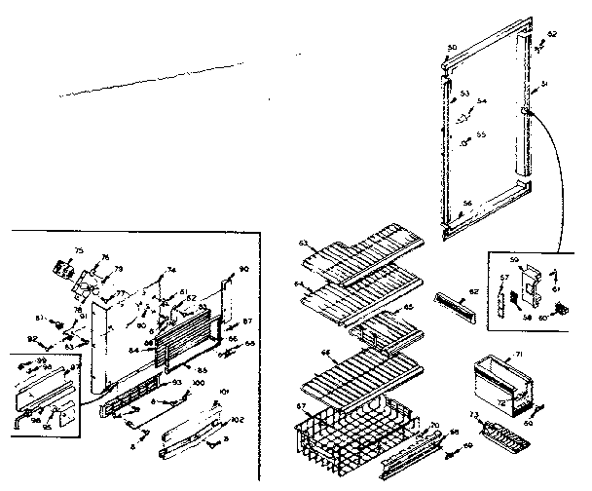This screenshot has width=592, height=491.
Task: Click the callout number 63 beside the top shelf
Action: coord(303,243)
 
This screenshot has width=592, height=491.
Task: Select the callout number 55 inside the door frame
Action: coord(480,134)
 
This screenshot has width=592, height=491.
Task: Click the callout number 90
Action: coord(243,268)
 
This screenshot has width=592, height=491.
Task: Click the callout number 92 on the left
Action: coord(31,338)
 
